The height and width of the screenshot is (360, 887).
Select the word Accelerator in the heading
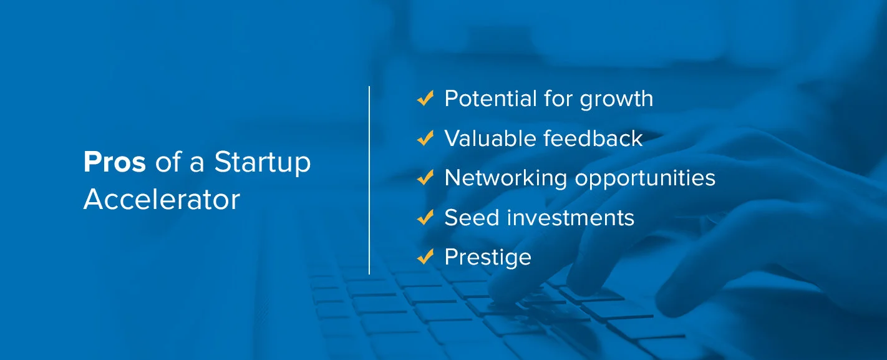pos(162,200)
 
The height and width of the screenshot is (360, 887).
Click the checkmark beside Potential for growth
pos(425,99)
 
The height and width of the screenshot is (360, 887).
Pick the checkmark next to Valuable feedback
pos(425,139)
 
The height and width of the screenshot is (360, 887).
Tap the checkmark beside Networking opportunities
pos(425,178)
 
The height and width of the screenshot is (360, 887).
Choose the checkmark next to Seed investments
pos(425,218)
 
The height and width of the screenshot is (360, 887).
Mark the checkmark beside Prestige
pos(425,257)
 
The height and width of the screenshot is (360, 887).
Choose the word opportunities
pos(645,179)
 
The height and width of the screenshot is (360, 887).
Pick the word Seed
pos(463,218)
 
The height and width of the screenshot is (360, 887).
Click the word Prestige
pos(488,258)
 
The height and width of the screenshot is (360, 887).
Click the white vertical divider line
pos(369,180)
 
